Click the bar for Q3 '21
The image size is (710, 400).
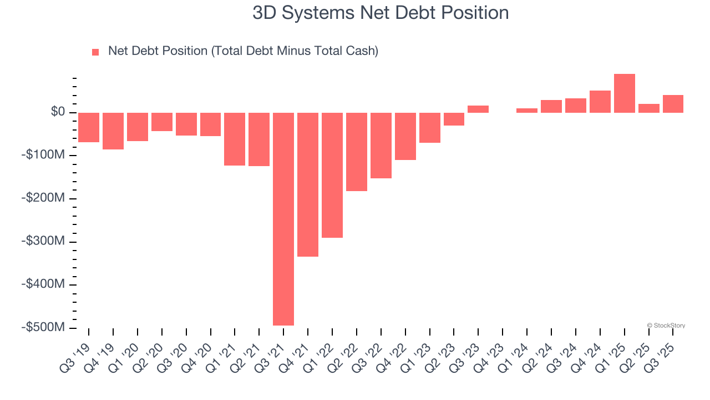[283, 219]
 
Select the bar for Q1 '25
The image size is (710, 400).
[625, 93]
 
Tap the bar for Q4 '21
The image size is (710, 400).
[308, 184]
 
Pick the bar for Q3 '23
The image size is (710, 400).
[478, 109]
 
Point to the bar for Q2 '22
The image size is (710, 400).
[357, 152]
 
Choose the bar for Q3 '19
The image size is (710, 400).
[89, 127]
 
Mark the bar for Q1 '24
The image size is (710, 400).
[527, 111]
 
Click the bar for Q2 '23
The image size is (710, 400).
[454, 119]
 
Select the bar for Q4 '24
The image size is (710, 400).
[600, 102]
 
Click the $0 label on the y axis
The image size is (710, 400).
[58, 112]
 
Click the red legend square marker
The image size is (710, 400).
[95, 52]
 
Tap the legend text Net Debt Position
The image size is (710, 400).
[243, 51]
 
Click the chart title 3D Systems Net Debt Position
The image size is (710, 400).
[381, 13]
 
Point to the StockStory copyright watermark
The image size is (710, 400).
[666, 326]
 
